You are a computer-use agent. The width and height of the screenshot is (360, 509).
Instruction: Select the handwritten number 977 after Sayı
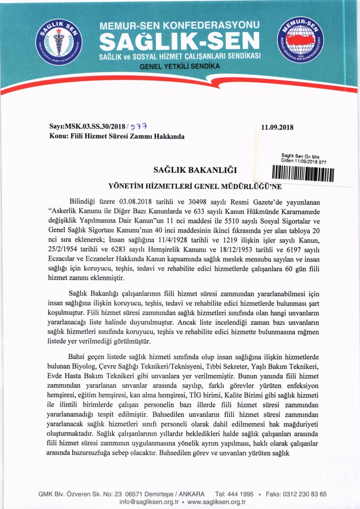click(x=138, y=127)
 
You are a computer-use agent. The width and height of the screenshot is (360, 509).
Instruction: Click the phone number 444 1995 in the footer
click(x=239, y=494)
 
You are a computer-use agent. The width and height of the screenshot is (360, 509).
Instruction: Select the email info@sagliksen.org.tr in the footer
click(x=149, y=502)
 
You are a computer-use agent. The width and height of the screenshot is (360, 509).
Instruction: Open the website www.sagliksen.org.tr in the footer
click(x=217, y=502)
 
